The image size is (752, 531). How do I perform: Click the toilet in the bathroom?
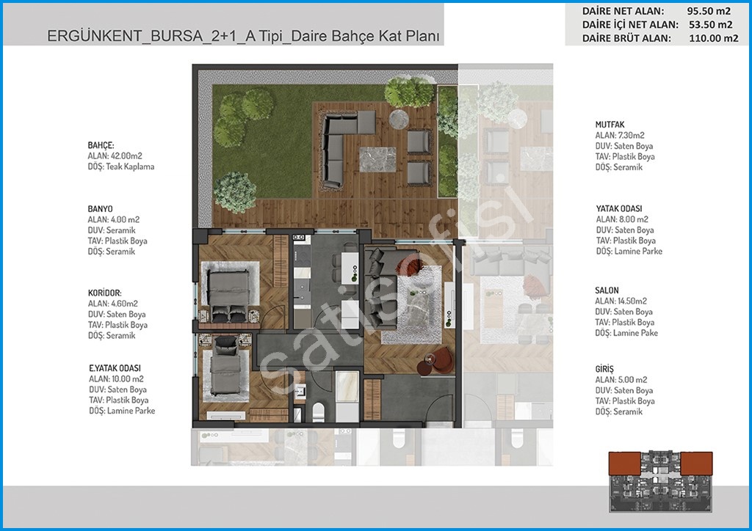(x=318, y=411)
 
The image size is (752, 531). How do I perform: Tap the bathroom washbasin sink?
(x=300, y=390)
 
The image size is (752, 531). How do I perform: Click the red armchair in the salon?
(x=441, y=359)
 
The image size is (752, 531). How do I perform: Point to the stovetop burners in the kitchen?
(x=300, y=238)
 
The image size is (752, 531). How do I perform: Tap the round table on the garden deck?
(x=399, y=120)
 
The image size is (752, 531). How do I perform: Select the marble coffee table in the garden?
(x=378, y=159)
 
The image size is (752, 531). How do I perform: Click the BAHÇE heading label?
(x=101, y=145)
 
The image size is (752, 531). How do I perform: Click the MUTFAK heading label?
(x=610, y=125)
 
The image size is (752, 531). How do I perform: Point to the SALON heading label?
(x=607, y=290)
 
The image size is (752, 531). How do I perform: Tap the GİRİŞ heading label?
(x=604, y=369)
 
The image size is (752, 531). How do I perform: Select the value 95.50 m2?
(x=709, y=10)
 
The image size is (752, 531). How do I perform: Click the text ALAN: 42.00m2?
(x=115, y=156)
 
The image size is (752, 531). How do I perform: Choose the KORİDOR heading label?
(x=104, y=293)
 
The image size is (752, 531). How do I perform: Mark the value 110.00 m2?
(x=714, y=38)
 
